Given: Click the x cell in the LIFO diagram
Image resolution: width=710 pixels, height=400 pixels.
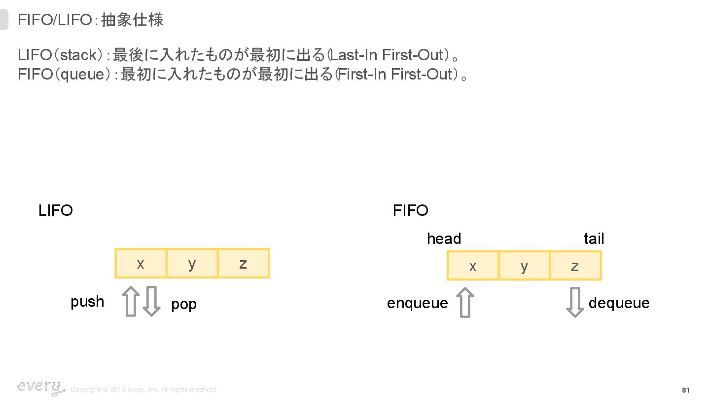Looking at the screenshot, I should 141,263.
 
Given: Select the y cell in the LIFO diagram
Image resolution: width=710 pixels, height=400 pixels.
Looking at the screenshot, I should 192,263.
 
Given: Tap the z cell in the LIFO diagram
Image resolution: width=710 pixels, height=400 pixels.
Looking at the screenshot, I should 243,263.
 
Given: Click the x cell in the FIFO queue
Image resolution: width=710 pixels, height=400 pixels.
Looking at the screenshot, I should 473,266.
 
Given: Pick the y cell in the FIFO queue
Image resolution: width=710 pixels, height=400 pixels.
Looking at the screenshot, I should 524,266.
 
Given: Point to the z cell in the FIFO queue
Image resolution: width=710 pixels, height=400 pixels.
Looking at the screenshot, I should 575,266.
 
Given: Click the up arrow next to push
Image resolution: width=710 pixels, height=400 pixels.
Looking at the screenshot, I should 131,301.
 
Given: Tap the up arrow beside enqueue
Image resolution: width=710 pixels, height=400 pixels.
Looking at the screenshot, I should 465,302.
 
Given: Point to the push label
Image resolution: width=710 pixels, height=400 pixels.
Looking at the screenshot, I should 87,302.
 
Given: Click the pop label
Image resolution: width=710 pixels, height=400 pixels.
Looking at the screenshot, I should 184,304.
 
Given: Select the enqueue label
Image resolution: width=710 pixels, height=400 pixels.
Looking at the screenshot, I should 417,303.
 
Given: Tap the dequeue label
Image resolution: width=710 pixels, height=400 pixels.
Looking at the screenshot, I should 619,303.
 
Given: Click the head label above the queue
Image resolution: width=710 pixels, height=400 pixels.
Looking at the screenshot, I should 444,239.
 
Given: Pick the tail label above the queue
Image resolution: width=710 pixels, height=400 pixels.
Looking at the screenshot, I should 594,239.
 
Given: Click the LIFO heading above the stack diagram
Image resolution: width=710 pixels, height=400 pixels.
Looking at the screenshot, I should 56,211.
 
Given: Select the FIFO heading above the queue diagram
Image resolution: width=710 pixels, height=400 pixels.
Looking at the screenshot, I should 410,211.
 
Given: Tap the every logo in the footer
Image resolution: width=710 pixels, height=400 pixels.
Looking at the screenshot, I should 40,388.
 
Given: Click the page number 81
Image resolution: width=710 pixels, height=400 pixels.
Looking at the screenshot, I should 685,390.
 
